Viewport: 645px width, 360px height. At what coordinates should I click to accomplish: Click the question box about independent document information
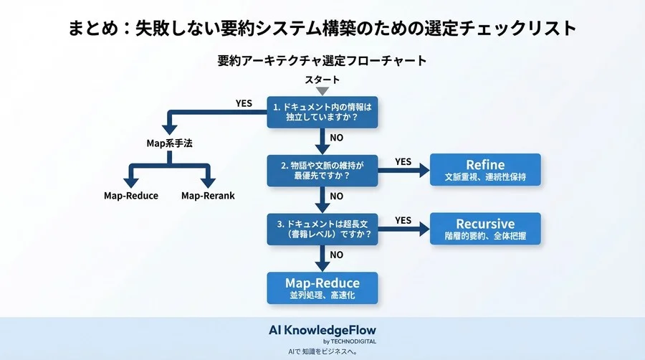pyautogui.click(x=322, y=113)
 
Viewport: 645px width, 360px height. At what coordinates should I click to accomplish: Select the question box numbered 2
pyautogui.click(x=322, y=171)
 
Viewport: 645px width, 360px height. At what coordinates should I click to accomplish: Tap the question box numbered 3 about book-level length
pyautogui.click(x=322, y=228)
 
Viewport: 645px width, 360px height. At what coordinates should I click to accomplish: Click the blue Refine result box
pyautogui.click(x=485, y=170)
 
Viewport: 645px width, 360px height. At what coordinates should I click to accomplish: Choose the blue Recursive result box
pyautogui.click(x=485, y=229)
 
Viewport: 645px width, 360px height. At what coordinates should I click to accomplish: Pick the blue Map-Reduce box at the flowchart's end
pyautogui.click(x=322, y=288)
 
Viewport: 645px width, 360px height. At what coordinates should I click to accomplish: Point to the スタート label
pyautogui.click(x=322, y=80)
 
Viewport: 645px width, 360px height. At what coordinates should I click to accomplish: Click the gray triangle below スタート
pyautogui.click(x=322, y=91)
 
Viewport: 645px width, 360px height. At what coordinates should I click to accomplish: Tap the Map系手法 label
pyautogui.click(x=169, y=143)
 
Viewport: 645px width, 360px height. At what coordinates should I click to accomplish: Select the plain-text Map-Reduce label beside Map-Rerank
pyautogui.click(x=131, y=196)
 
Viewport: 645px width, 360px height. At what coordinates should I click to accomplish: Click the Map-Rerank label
pyautogui.click(x=208, y=196)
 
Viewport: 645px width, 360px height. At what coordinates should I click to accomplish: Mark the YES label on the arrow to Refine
pyautogui.click(x=403, y=161)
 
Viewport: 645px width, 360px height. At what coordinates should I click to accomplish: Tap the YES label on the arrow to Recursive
pyautogui.click(x=403, y=220)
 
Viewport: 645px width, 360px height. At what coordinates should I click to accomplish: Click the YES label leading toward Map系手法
pyautogui.click(x=244, y=103)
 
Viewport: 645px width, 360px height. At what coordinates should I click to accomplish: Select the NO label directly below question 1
pyautogui.click(x=336, y=138)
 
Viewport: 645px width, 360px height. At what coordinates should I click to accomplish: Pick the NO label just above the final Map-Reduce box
pyautogui.click(x=336, y=254)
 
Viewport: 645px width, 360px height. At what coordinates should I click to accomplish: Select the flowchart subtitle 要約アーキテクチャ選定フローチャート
pyautogui.click(x=322, y=61)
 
